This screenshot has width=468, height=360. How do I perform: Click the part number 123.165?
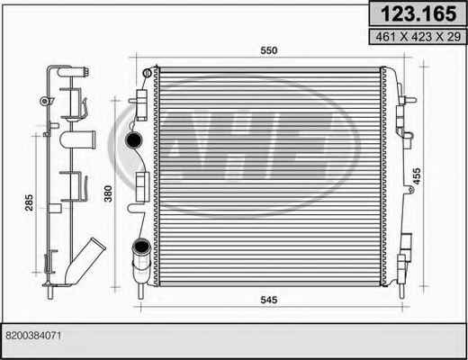pos(418,13)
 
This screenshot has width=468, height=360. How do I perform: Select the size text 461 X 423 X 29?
pos(418,37)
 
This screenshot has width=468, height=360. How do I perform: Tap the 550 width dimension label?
pos(269,50)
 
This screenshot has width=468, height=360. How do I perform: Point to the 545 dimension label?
pos(269,300)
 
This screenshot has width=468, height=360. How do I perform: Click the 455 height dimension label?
pos(417,176)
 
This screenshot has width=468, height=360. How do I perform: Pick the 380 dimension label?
pos(108,193)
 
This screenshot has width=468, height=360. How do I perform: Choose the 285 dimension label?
pos(29,202)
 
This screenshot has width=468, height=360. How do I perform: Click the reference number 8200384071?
pos(33,336)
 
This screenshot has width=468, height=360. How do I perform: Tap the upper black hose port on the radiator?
pos(133,139)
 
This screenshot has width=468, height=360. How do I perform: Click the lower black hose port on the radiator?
pos(141,247)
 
